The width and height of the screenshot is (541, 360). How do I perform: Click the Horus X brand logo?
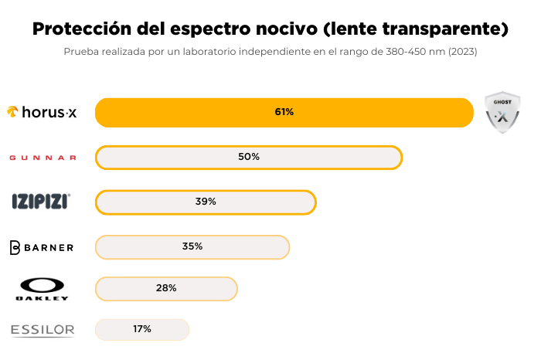[43, 112]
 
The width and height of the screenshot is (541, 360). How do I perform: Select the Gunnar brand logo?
[43, 158]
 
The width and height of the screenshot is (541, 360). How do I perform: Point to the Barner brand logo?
[42, 247]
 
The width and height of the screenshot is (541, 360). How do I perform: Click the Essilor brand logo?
[43, 331]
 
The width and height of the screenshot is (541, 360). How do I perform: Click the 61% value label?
[284, 112]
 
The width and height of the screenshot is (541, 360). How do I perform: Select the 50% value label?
[249, 157]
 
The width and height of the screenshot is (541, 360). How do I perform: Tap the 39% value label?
[206, 202]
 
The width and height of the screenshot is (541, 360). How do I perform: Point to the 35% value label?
[192, 246]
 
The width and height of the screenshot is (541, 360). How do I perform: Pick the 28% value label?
[166, 288]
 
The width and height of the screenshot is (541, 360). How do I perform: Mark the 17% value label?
[141, 329]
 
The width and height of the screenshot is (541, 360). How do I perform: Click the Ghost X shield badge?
[502, 113]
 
